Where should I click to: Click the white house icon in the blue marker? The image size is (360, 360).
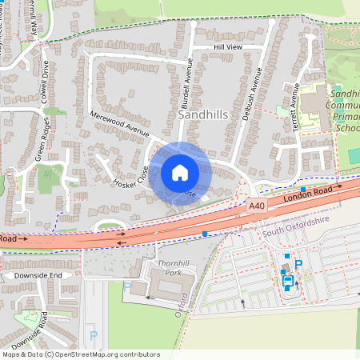[x=180, y=173]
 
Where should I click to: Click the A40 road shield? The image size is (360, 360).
[x=256, y=206]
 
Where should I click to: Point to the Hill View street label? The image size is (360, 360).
[x=227, y=48]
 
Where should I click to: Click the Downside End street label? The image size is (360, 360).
[x=32, y=275]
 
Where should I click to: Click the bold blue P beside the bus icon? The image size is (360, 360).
[x=299, y=265]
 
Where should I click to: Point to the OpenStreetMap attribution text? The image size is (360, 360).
[x=80, y=354]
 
